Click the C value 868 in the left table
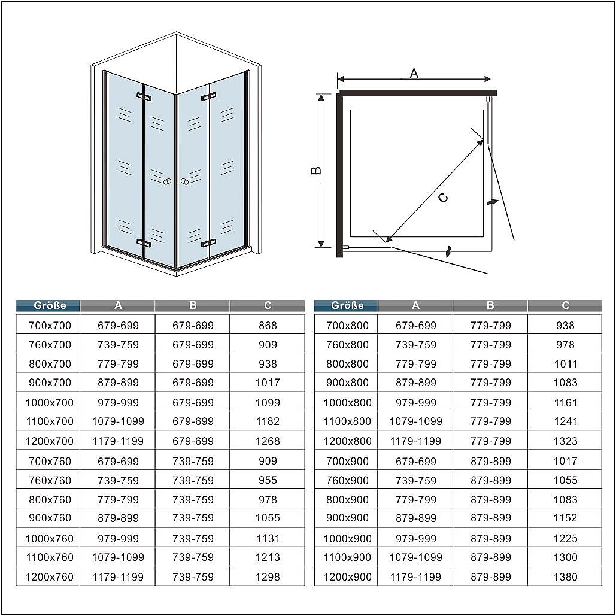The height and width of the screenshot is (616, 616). (x=268, y=325)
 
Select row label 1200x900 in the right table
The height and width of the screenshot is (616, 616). (x=347, y=576)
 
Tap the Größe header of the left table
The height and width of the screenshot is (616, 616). (x=50, y=305)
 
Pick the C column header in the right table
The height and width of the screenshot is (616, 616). (x=565, y=305)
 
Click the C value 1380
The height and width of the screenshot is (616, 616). (x=565, y=576)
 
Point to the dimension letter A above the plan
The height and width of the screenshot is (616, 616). (x=414, y=74)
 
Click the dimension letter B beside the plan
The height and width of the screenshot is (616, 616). (x=316, y=171)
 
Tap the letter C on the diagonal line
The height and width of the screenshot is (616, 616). (x=443, y=198)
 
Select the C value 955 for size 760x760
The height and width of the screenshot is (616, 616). (x=268, y=480)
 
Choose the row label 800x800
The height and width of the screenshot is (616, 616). (x=347, y=364)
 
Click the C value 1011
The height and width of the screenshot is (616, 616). (x=565, y=364)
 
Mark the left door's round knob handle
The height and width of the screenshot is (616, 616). (x=168, y=181)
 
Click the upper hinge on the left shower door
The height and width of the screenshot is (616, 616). (x=144, y=96)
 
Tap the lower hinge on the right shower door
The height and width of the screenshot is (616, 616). (x=208, y=243)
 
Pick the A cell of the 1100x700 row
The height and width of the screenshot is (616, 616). (x=118, y=421)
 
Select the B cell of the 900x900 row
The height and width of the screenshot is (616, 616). (x=491, y=518)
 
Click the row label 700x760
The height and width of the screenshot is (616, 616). (x=50, y=461)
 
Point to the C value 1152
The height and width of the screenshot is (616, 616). (x=565, y=518)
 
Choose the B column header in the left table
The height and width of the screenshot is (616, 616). (x=193, y=305)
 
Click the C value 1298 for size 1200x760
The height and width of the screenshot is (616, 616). (x=268, y=576)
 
